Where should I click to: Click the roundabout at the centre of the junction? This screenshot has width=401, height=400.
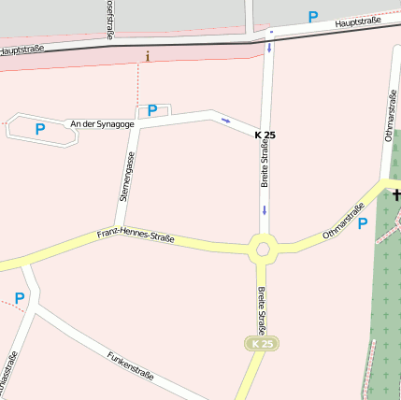pos(263,249)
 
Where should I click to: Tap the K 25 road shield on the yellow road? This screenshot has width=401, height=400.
pos(263,344)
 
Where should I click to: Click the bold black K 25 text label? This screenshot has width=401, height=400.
pos(265,136)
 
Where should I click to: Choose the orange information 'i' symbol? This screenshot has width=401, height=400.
pos(148,57)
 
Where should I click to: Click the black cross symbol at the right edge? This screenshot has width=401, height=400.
pos(396,194)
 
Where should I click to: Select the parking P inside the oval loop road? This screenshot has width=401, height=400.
pos(40,129)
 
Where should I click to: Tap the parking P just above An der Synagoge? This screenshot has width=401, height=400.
pos(152,110)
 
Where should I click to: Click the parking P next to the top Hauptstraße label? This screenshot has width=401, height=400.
pos(313,17)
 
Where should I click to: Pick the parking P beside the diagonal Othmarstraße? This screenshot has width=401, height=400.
pos(363,223)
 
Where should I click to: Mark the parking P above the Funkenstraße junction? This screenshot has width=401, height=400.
pos(19,298)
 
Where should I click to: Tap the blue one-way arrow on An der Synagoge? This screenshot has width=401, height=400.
pos(225,120)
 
